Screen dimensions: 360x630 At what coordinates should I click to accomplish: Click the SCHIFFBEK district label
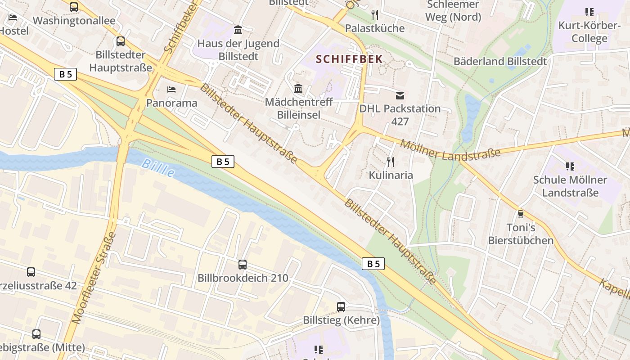pyautogui.click(x=349, y=59)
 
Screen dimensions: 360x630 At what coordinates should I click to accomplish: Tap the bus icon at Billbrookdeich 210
pyautogui.click(x=243, y=265)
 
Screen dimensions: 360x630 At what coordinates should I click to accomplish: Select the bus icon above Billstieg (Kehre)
pyautogui.click(x=341, y=307)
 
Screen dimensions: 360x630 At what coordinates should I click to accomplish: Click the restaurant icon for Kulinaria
pyautogui.click(x=391, y=162)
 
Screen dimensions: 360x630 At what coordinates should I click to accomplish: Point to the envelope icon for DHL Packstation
pyautogui.click(x=400, y=95)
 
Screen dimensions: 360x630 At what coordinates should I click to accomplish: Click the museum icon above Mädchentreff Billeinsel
pyautogui.click(x=298, y=88)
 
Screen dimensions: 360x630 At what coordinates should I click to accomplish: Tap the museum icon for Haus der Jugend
pyautogui.click(x=238, y=30)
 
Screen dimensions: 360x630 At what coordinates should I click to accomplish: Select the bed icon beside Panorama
pyautogui.click(x=171, y=90)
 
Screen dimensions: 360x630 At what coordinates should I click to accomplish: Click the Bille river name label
pyautogui.click(x=157, y=168)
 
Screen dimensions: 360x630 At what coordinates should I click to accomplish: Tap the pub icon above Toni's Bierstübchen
pyautogui.click(x=521, y=214)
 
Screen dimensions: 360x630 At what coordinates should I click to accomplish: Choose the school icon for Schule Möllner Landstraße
pyautogui.click(x=570, y=166)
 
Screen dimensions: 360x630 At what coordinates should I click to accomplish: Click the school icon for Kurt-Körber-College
pyautogui.click(x=589, y=12)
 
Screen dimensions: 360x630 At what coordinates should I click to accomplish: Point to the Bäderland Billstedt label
pyautogui.click(x=500, y=61)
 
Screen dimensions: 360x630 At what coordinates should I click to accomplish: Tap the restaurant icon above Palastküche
pyautogui.click(x=375, y=15)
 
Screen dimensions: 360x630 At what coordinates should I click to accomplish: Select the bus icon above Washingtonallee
pyautogui.click(x=74, y=7)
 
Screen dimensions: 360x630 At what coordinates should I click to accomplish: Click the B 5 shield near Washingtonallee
pyautogui.click(x=66, y=74)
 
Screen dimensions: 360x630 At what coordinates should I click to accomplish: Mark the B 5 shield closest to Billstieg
pyautogui.click(x=373, y=264)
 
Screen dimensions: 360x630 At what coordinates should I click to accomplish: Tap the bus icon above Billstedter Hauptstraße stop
pyautogui.click(x=121, y=41)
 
